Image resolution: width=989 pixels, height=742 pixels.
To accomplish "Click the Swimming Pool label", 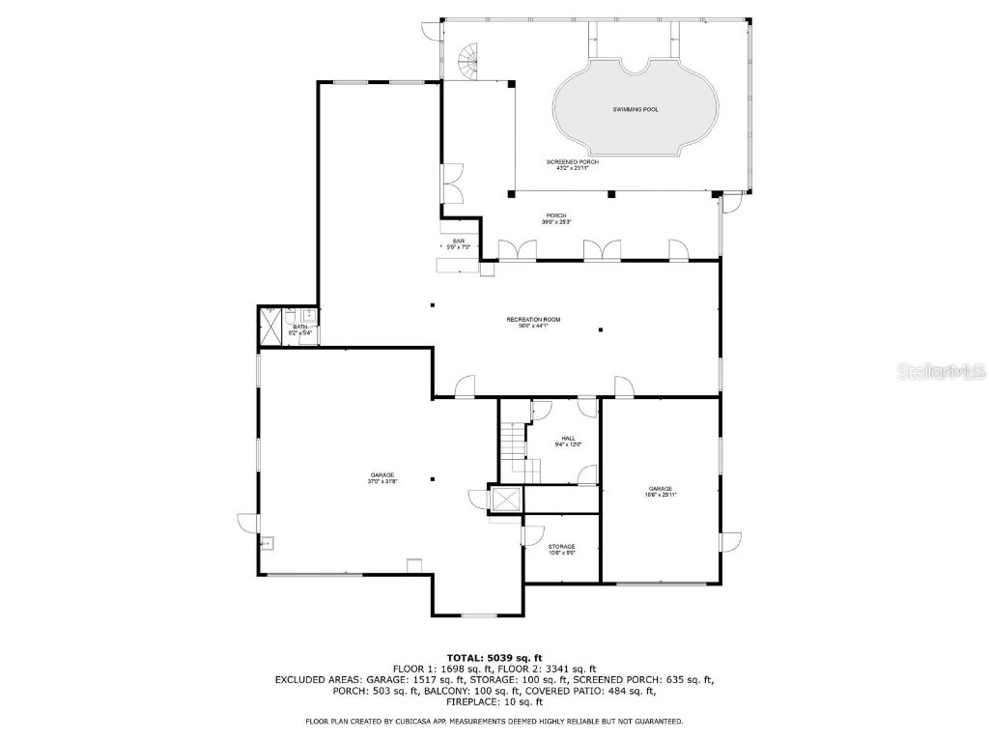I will pyautogui.click(x=636, y=110).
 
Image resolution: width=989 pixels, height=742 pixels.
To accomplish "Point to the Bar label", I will pyautogui.click(x=459, y=244).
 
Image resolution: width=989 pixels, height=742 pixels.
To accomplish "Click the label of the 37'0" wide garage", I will pyautogui.click(x=381, y=478).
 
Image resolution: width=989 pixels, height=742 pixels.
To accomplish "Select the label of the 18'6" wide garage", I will pyautogui.click(x=661, y=492).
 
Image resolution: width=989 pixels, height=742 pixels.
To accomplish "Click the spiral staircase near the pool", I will pyautogui.click(x=467, y=63).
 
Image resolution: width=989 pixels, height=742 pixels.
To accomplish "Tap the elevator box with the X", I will pyautogui.click(x=506, y=499).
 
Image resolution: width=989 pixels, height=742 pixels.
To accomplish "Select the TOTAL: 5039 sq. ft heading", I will pyautogui.click(x=494, y=657).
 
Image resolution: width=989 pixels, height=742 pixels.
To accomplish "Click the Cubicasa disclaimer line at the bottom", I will pyautogui.click(x=494, y=721).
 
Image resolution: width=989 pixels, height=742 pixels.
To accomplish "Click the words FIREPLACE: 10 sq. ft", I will pyautogui.click(x=494, y=702).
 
